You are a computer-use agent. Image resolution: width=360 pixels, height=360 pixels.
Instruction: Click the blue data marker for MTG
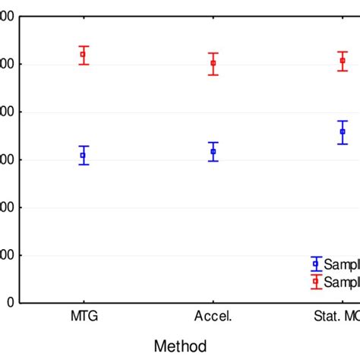[84, 155]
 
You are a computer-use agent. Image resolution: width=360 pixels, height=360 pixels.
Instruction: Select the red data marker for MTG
[84, 54]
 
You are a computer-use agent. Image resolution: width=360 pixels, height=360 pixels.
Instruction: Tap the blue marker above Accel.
[213, 151]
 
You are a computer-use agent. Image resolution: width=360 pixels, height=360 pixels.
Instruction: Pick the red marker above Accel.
[213, 63]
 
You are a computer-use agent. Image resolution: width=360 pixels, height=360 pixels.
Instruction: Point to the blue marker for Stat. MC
[343, 132]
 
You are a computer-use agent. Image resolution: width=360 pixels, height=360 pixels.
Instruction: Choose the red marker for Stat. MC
[343, 60]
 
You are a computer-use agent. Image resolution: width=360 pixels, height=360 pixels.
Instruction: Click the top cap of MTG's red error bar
[84, 46]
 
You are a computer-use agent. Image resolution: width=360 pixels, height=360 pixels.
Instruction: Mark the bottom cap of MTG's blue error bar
[84, 165]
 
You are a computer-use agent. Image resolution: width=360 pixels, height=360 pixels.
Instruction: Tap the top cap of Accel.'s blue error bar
[213, 142]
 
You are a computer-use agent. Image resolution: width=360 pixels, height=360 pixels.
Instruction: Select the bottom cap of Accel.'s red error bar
[213, 74]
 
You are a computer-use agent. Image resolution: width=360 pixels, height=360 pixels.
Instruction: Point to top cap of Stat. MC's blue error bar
[343, 121]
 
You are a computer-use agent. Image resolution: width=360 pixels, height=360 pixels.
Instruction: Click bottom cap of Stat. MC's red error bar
[343, 71]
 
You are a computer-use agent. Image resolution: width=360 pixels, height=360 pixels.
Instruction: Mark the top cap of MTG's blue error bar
[84, 146]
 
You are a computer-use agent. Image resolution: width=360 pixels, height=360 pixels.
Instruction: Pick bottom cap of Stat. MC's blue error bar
[343, 144]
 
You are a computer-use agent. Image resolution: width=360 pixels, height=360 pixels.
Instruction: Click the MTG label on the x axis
[84, 315]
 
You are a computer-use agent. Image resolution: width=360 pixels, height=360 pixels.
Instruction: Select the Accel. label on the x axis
[213, 315]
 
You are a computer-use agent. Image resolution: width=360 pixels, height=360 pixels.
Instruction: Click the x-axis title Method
[180, 346]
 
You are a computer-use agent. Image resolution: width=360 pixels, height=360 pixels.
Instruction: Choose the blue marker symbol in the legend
[316, 264]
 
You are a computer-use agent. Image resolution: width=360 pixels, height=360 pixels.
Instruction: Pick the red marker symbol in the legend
[316, 282]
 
